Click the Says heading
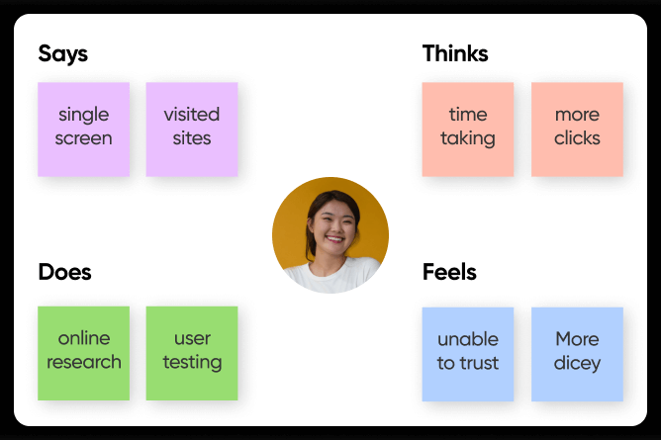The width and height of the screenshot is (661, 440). [62, 54]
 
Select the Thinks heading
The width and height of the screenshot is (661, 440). [455, 53]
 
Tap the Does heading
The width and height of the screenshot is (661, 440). [64, 272]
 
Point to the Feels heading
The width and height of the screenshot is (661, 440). [449, 272]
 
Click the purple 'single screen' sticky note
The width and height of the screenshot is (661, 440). [83, 130]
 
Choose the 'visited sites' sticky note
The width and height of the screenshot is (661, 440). [192, 130]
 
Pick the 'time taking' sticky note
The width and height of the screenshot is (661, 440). [468, 130]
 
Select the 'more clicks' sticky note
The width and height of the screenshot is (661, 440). [577, 130]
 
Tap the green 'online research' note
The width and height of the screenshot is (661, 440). [83, 353]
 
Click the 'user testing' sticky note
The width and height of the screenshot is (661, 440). [192, 353]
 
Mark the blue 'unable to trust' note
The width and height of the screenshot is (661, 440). [468, 354]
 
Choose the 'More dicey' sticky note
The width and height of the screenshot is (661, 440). [577, 354]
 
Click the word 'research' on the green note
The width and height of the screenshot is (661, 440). [84, 362]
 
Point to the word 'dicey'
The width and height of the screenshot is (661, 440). [577, 364]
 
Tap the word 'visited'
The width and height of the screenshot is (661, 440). [192, 114]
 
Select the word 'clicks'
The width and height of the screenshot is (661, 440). [577, 138]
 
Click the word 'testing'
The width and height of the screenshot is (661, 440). [192, 363]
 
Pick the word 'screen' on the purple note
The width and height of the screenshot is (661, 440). [83, 138]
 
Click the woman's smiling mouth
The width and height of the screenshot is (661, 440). [334, 239]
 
